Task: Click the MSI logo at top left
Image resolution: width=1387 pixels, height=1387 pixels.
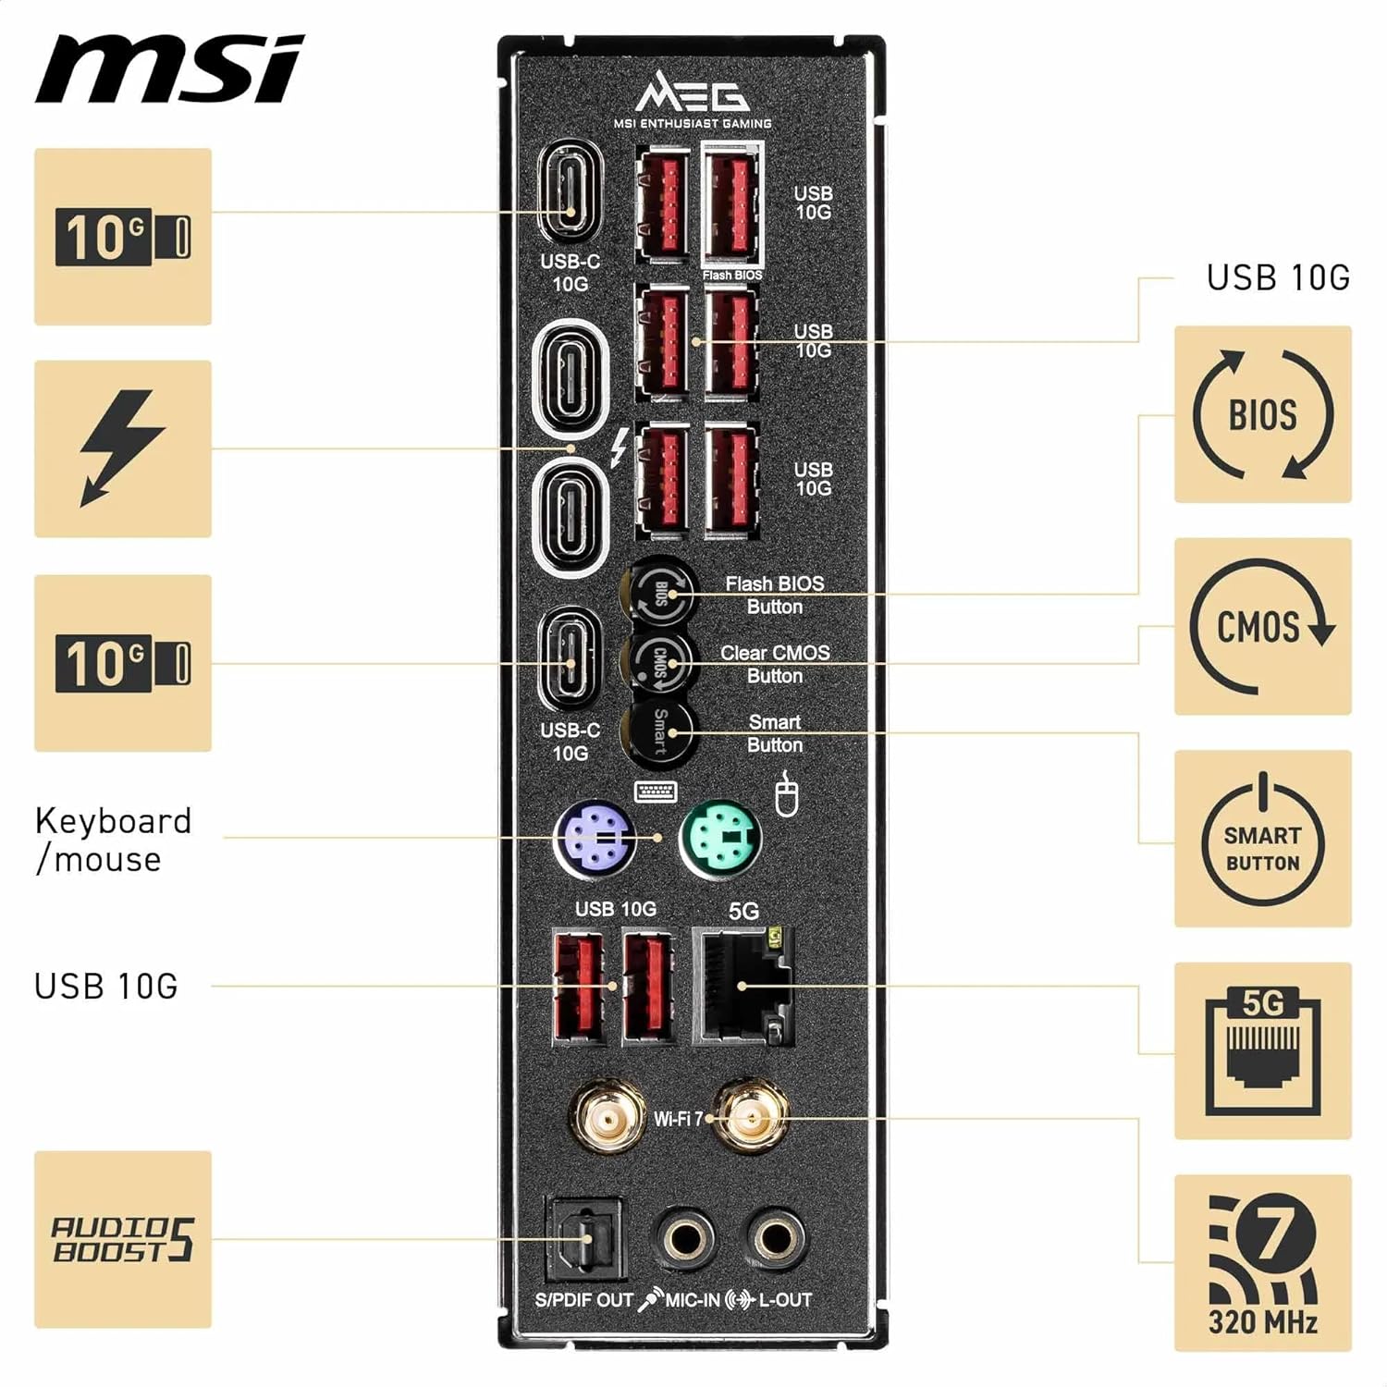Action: pyautogui.click(x=169, y=70)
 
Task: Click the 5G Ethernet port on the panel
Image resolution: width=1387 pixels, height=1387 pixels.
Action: pyautogui.click(x=743, y=987)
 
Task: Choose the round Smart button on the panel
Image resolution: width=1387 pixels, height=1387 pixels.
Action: pyautogui.click(x=658, y=732)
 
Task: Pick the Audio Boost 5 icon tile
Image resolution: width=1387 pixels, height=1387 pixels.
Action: pyautogui.click(x=123, y=1239)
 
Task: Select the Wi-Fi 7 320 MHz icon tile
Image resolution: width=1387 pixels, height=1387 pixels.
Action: pyautogui.click(x=1262, y=1263)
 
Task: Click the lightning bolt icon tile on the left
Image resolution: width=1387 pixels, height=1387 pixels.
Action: pyautogui.click(x=123, y=448)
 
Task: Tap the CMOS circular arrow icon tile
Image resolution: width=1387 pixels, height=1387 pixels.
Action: pyautogui.click(x=1262, y=627)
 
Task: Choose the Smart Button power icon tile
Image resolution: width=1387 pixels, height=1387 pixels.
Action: pyautogui.click(x=1262, y=839)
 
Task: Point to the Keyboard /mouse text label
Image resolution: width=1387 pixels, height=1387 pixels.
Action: pyautogui.click(x=113, y=840)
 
